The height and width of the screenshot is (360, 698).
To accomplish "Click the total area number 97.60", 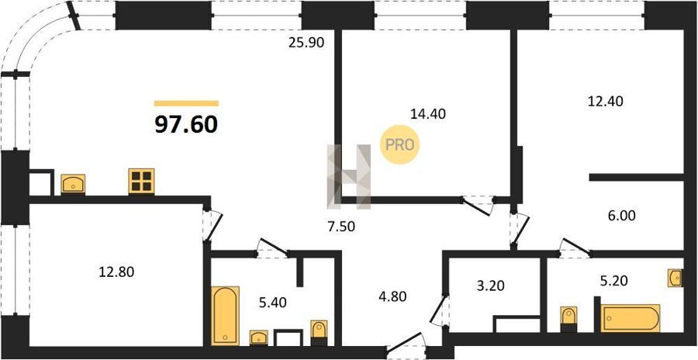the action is click(x=186, y=125).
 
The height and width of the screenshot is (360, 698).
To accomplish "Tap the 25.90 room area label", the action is click(x=306, y=43).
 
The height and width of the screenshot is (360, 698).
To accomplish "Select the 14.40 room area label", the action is click(x=427, y=114).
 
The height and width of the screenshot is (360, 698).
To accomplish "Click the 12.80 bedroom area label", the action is click(x=116, y=272).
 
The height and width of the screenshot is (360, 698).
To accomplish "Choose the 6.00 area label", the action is click(x=621, y=216).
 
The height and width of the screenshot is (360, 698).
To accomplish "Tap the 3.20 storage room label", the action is click(x=491, y=286).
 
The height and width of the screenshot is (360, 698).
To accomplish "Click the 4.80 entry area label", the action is click(x=392, y=296).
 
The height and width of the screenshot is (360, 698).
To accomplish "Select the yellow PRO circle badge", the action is click(x=399, y=145).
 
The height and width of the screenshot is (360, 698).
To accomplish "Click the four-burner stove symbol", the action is click(x=142, y=182).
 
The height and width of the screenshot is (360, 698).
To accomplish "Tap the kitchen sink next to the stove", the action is click(x=73, y=185).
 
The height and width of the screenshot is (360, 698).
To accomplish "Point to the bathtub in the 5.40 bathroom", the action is click(x=225, y=316).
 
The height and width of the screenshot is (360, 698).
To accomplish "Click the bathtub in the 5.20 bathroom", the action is click(x=631, y=318).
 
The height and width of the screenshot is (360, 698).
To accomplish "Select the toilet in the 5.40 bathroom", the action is click(x=319, y=332).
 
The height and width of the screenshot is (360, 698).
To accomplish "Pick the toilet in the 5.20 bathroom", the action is click(x=568, y=319).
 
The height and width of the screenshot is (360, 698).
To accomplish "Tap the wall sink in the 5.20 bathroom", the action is click(x=676, y=278).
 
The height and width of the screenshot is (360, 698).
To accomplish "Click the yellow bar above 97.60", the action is click(x=186, y=103).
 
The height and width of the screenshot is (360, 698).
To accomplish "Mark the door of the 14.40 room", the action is click(x=477, y=206).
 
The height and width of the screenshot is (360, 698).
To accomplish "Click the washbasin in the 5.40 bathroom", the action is click(x=258, y=337).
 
